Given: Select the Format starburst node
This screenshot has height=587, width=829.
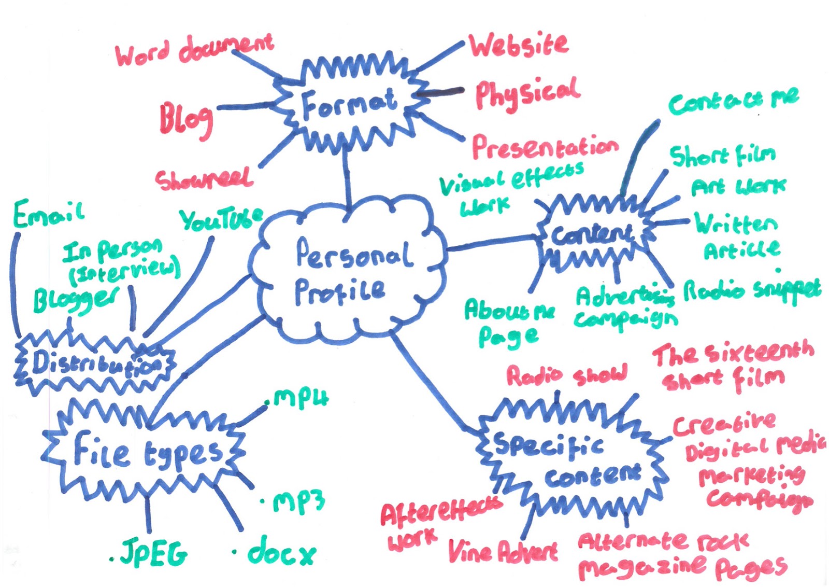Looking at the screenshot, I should pyautogui.click(x=350, y=104).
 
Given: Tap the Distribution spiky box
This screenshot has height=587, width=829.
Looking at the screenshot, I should pyautogui.click(x=96, y=363).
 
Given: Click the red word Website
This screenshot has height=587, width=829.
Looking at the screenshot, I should pyautogui.click(x=519, y=45).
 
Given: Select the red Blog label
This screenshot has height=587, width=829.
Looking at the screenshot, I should pyautogui.click(x=185, y=119).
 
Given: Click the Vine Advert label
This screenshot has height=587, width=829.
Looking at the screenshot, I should pyautogui.click(x=503, y=551).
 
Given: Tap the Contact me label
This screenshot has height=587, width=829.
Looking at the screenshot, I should pyautogui.click(x=733, y=101).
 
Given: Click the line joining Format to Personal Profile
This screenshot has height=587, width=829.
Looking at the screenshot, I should pyautogui.click(x=347, y=176).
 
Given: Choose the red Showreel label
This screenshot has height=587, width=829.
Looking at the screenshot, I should pyautogui.click(x=204, y=179).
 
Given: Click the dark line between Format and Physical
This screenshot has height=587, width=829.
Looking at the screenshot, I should pyautogui.click(x=440, y=92).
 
